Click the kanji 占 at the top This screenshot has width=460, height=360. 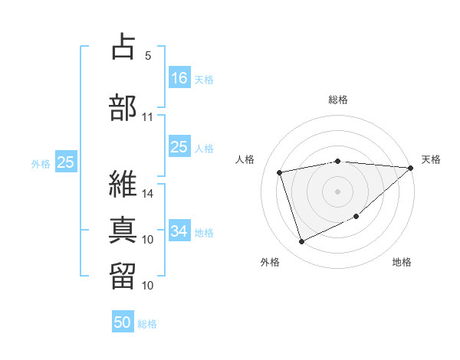[123, 48]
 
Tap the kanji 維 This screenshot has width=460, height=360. [123, 184]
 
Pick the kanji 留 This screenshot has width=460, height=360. [123, 275]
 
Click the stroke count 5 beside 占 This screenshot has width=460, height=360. [147, 56]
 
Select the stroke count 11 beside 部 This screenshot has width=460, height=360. [148, 117]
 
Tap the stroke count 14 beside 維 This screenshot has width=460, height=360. [148, 194]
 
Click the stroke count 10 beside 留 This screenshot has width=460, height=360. [148, 286]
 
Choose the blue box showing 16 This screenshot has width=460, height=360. [179, 77]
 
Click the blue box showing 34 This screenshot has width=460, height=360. [179, 231]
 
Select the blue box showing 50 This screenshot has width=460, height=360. [123, 322]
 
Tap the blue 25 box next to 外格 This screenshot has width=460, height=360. [66, 162]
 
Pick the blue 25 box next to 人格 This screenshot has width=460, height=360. [179, 147]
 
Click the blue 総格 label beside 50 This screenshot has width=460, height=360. [147, 324]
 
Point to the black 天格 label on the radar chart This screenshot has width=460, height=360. [431, 159]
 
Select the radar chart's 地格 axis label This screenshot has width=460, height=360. [402, 262]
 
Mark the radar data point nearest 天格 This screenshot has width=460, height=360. [411, 169]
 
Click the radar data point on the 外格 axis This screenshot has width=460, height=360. [301, 242]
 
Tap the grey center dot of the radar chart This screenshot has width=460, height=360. [337, 191]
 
